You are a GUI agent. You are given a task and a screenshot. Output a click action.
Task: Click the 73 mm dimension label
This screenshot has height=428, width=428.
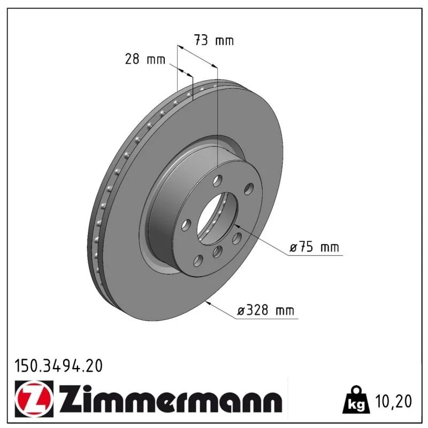click(x=214, y=41)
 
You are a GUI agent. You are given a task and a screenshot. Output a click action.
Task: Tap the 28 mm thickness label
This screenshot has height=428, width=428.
click(x=145, y=59)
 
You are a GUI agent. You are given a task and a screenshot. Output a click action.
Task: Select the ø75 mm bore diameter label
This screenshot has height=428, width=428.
click(x=314, y=247)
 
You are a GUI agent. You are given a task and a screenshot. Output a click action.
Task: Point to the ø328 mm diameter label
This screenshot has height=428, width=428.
click(x=265, y=310)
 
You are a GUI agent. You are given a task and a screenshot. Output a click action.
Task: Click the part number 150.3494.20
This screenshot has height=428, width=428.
click(x=58, y=366)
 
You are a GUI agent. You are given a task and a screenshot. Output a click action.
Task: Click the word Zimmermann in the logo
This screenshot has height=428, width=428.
click(x=170, y=399)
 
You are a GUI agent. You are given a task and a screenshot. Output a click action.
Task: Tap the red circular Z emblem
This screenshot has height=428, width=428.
click(x=34, y=399)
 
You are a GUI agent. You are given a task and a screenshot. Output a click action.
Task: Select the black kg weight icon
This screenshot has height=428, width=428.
click(x=356, y=400)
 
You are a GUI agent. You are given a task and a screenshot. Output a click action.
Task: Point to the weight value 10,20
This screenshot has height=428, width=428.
click(x=393, y=401)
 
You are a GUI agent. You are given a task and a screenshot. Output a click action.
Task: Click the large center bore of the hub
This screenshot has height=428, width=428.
click(x=218, y=218)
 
